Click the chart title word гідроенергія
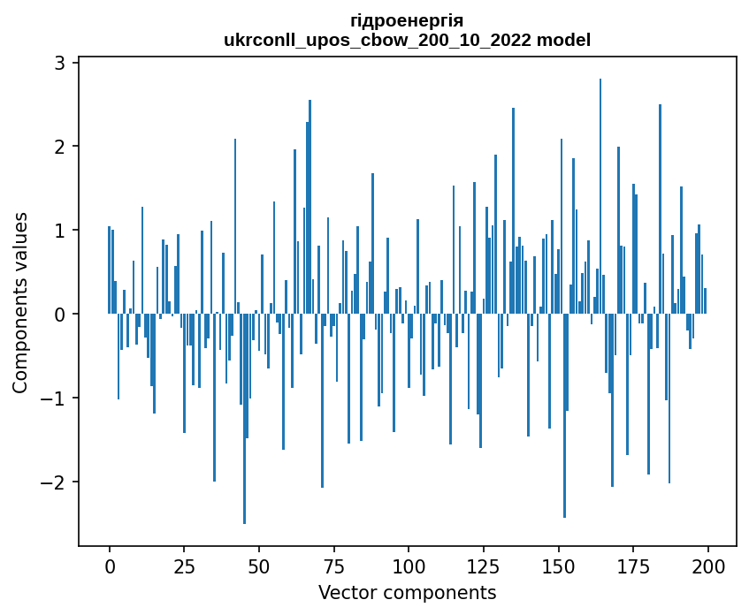click(x=407, y=20)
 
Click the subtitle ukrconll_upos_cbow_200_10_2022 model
click(x=407, y=40)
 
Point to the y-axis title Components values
click(x=19, y=302)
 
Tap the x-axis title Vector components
click(x=407, y=592)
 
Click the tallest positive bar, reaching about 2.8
click(x=600, y=194)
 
